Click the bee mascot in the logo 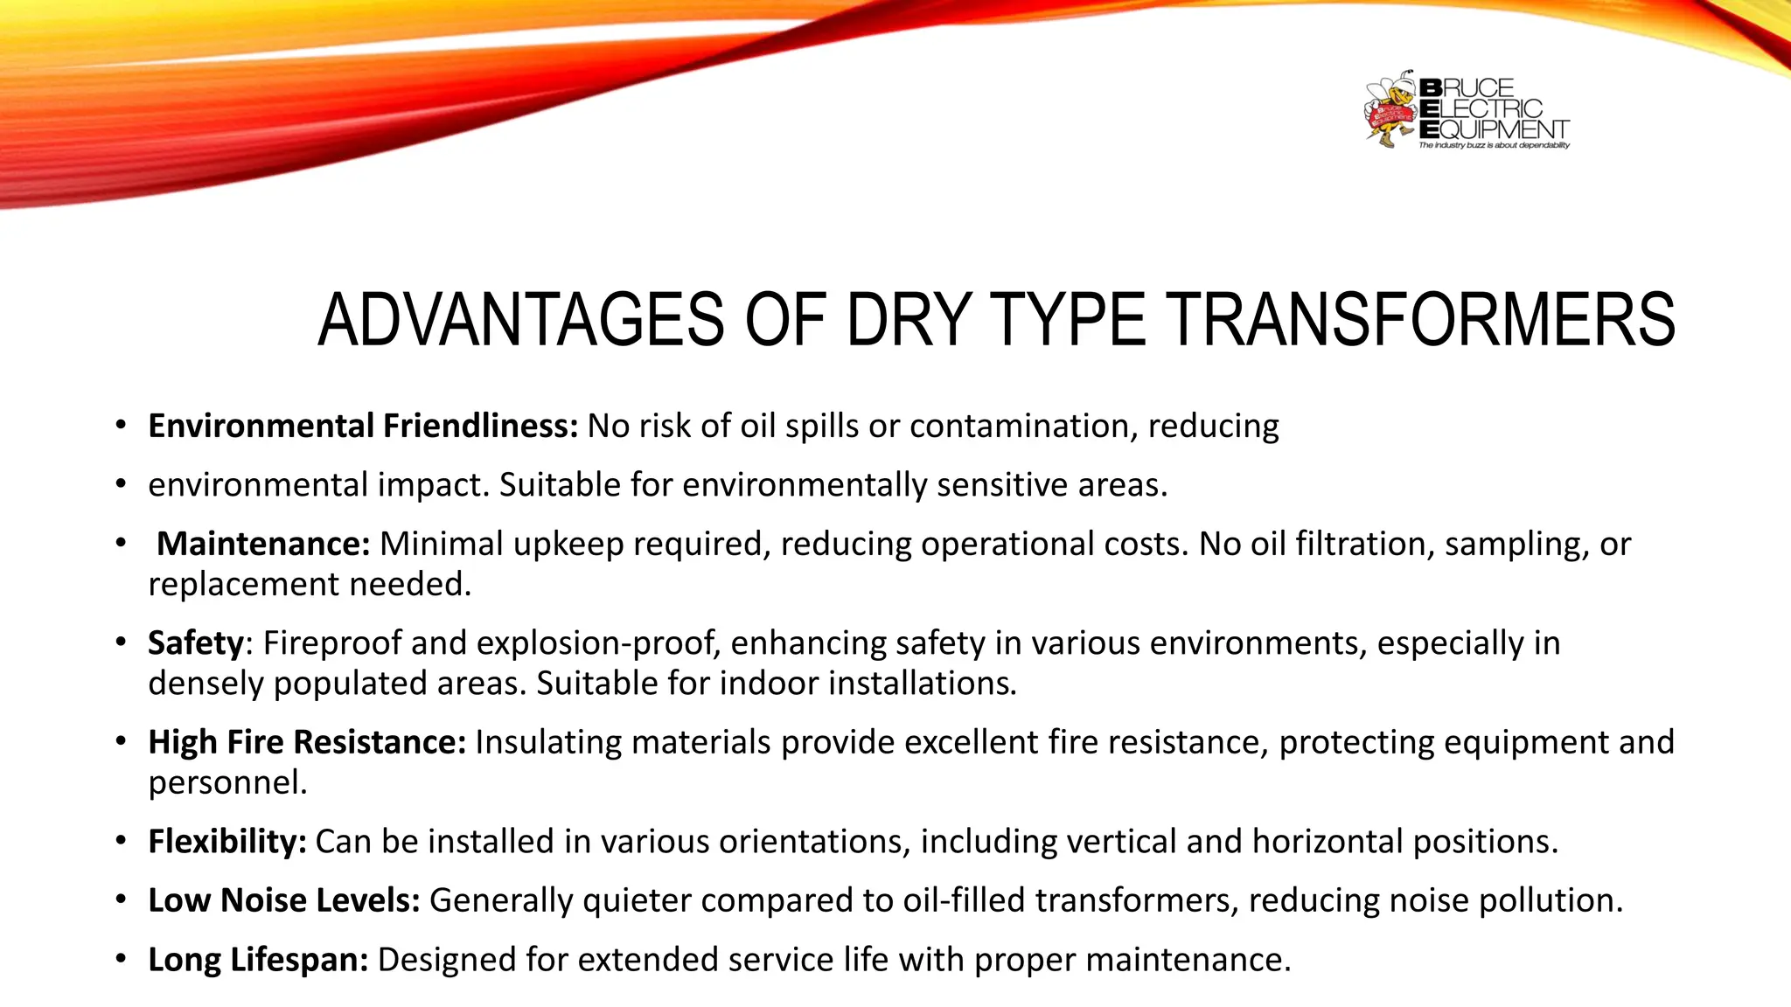1390,111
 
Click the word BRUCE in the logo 1467,88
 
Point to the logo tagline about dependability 1494,146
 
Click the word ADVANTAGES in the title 520,320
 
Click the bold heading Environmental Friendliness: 363,427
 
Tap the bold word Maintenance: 263,545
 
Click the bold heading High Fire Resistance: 307,742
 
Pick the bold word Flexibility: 227,842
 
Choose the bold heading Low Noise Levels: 284,900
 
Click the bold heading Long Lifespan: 258,960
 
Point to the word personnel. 227,782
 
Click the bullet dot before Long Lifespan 121,959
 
